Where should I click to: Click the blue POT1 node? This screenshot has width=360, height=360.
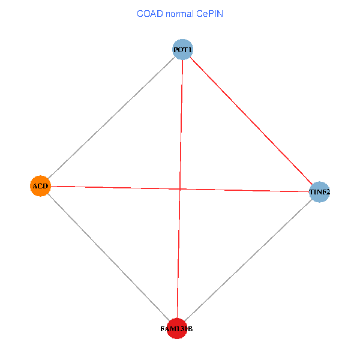point(182,49)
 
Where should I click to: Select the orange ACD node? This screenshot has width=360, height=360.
point(40,186)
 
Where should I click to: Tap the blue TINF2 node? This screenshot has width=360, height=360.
point(319,192)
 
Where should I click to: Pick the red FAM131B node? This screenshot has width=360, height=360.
point(177,329)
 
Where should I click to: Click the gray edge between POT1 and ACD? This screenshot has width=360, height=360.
point(112,118)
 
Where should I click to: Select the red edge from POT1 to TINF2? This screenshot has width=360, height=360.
point(251,121)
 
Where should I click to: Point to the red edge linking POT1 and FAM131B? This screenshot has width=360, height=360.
point(180,189)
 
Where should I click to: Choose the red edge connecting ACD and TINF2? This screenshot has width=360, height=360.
point(180,189)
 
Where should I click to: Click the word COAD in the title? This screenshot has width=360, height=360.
point(150,14)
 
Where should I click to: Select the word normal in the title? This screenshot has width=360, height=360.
point(179,14)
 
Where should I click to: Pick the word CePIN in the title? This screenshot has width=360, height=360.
point(209,14)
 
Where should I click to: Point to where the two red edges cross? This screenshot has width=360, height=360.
point(180,189)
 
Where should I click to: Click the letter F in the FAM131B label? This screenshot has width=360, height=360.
point(163,329)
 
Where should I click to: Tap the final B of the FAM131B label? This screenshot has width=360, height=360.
point(190,329)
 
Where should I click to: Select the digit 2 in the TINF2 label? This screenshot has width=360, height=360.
point(328,192)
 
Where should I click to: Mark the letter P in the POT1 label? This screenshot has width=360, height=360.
point(176,50)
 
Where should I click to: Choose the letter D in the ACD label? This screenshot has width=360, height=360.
point(46,186)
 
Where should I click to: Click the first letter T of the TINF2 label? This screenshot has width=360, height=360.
point(311,192)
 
